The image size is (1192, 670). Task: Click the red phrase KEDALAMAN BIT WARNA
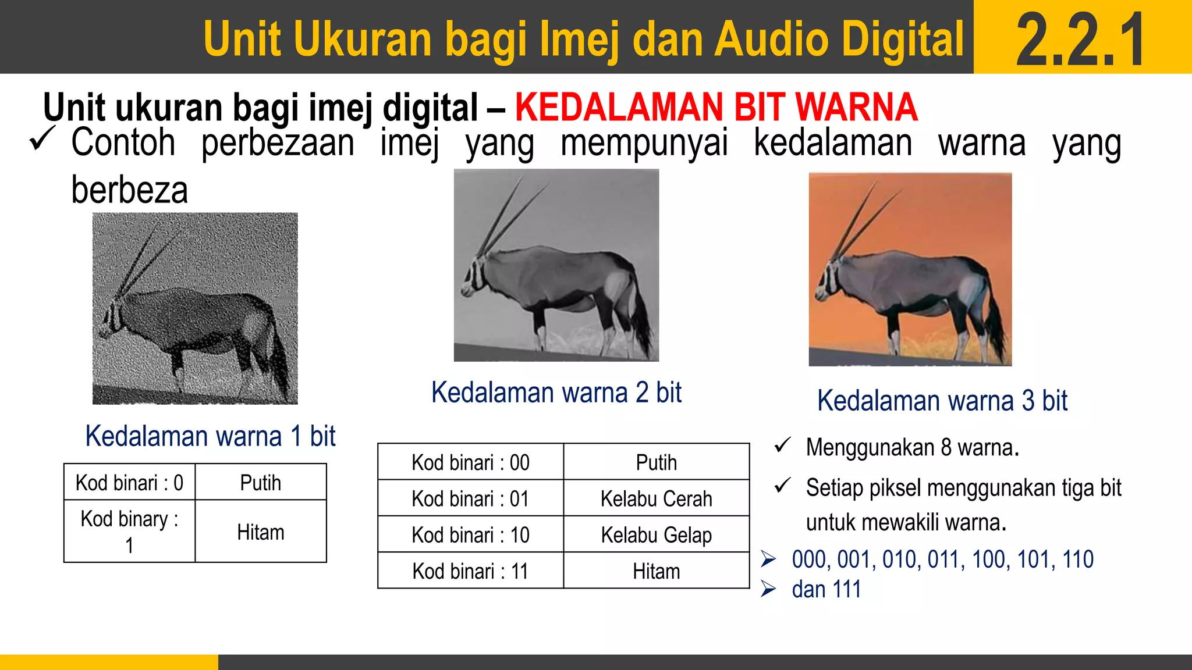pyautogui.click(x=716, y=108)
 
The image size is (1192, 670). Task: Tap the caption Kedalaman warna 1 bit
pyautogui.click(x=210, y=436)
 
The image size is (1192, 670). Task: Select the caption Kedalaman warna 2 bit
pyautogui.click(x=556, y=393)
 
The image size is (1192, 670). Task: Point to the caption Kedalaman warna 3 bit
pyautogui.click(x=942, y=401)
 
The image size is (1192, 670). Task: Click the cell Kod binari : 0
pyautogui.click(x=129, y=483)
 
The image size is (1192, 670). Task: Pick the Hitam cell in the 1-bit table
pyautogui.click(x=260, y=532)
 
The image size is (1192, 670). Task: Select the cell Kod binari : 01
pyautogui.click(x=470, y=499)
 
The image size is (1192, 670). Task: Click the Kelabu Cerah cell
pyautogui.click(x=656, y=499)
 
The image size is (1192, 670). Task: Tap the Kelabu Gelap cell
pyautogui.click(x=656, y=535)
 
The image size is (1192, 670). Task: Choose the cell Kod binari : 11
pyautogui.click(x=470, y=571)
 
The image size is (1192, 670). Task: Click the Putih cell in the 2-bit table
pyautogui.click(x=656, y=463)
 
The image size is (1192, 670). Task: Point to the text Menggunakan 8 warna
pyautogui.click(x=912, y=448)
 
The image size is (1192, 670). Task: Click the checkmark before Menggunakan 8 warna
pyautogui.click(x=782, y=446)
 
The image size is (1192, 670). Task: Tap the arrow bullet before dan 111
pyautogui.click(x=768, y=589)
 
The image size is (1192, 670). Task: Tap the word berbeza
pyautogui.click(x=130, y=190)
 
